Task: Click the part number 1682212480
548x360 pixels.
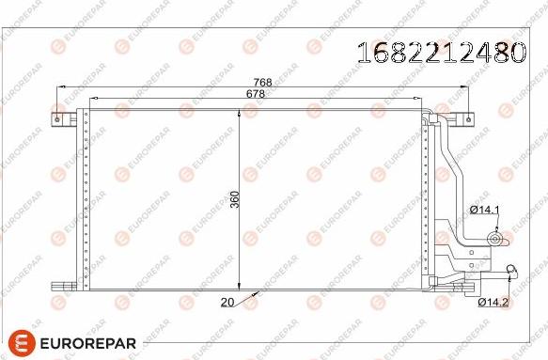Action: point(439,52)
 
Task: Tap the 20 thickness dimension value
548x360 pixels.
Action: point(227,303)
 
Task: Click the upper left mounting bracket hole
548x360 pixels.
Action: point(58,119)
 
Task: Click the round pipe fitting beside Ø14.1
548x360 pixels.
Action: point(494,241)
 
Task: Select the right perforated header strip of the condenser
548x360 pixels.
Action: point(431,197)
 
